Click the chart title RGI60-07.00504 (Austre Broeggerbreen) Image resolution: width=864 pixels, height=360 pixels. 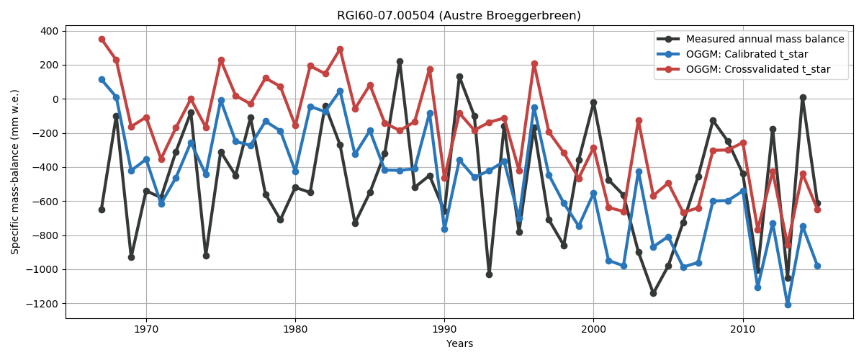click(x=459, y=16)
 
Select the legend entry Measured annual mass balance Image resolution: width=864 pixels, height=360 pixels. click(x=765, y=39)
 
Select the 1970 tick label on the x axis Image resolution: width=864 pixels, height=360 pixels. click(x=146, y=329)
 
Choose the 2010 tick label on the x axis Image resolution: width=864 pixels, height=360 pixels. click(x=742, y=329)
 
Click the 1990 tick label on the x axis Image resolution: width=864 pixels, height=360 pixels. click(x=444, y=329)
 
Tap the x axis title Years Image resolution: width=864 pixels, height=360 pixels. click(x=459, y=344)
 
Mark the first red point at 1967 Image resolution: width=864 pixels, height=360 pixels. click(x=102, y=39)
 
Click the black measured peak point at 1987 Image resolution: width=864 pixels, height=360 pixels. click(x=400, y=61)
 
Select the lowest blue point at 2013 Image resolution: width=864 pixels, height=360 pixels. click(x=788, y=305)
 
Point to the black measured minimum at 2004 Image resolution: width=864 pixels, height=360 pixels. click(x=653, y=293)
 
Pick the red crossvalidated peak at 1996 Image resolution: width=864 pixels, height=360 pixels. click(x=534, y=63)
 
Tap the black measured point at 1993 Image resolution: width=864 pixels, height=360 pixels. click(x=489, y=274)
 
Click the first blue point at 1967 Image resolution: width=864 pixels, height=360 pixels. click(x=102, y=79)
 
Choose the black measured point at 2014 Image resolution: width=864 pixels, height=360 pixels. click(x=803, y=97)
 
